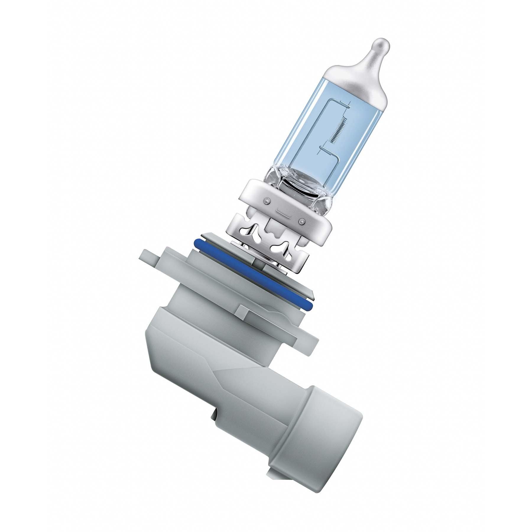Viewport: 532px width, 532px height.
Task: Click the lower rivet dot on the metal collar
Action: (301, 221)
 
